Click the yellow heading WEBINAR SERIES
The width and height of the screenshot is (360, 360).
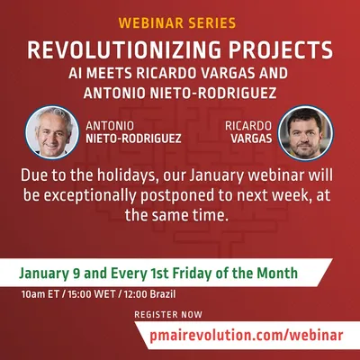[177, 23]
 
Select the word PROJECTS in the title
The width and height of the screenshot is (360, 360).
[281, 49]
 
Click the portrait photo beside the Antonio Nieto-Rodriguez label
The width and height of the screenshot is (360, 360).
[52, 132]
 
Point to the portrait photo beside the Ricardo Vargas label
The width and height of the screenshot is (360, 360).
[305, 133]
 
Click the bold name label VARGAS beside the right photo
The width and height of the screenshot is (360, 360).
[251, 139]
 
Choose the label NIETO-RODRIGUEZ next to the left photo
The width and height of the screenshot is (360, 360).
[133, 139]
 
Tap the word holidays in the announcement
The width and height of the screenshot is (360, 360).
[128, 176]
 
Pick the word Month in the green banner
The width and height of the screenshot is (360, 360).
[277, 273]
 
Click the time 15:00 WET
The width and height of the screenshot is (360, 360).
[92, 294]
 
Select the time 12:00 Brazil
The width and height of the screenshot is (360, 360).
[150, 294]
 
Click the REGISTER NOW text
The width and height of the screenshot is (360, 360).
[168, 315]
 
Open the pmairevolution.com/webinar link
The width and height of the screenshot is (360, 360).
[246, 335]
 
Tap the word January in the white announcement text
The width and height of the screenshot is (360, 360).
[216, 176]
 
